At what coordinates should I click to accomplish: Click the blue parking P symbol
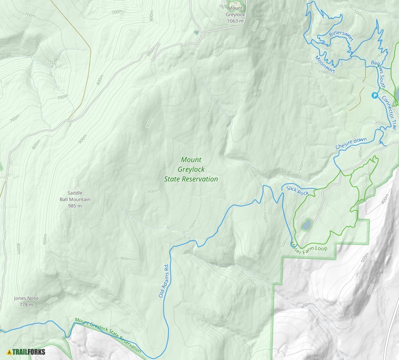(x=375, y=95)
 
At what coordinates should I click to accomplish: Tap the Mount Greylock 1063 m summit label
(x=235, y=15)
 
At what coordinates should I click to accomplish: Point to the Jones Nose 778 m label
(x=26, y=301)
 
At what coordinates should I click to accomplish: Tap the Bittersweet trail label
(x=340, y=35)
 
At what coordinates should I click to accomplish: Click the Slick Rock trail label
(x=298, y=191)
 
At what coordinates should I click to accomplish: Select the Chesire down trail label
(x=351, y=144)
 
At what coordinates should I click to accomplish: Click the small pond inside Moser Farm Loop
(x=306, y=225)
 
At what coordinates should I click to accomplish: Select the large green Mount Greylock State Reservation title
(x=191, y=169)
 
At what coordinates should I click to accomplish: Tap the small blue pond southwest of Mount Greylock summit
(x=196, y=32)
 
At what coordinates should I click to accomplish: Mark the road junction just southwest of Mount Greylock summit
(x=203, y=32)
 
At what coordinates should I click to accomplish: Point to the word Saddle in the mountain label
(x=75, y=193)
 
